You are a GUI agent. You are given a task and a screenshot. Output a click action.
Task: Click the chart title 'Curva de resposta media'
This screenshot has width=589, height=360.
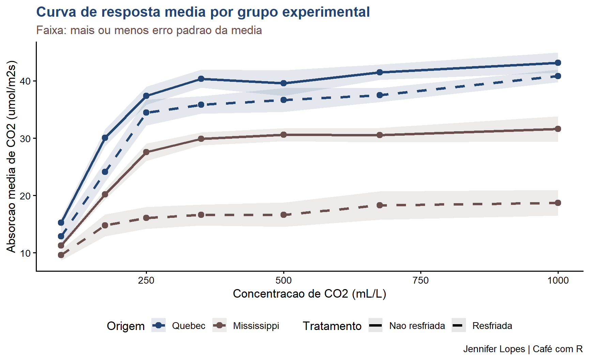203,12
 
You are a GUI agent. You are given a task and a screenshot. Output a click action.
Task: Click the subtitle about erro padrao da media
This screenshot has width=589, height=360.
149,30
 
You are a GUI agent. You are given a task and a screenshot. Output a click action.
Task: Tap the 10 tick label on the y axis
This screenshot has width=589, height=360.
26,253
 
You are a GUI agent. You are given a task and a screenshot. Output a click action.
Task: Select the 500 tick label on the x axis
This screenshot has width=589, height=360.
284,281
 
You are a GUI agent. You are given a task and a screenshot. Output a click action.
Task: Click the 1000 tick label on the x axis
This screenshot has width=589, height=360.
558,281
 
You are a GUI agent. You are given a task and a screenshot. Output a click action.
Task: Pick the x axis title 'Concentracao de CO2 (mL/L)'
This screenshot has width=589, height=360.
309,294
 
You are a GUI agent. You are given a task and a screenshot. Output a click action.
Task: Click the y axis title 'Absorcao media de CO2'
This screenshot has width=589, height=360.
11,156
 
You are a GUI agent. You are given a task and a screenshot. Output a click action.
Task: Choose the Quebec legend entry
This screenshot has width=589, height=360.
188,326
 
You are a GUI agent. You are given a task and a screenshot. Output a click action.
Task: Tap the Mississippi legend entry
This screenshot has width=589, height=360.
256,326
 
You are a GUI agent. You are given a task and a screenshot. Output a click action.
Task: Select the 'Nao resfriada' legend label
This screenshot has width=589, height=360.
417,326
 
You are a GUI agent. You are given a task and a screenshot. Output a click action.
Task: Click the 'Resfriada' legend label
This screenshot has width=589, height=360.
492,326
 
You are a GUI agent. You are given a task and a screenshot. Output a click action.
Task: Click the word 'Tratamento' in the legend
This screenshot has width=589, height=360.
332,326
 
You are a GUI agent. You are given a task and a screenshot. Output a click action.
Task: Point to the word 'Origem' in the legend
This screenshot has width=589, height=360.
126,326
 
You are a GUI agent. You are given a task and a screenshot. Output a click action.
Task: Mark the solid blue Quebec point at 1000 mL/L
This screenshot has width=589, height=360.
558,63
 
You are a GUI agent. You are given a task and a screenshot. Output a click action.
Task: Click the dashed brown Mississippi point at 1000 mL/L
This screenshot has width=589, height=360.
558,203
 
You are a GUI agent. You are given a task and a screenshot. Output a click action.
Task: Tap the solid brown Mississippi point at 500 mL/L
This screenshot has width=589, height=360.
284,135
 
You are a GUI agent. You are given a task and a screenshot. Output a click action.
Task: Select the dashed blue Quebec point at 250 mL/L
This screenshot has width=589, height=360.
146,112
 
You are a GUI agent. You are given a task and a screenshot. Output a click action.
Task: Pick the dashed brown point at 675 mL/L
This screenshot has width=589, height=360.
380,205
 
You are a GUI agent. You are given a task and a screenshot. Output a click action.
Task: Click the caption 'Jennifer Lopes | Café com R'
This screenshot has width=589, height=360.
523,349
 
